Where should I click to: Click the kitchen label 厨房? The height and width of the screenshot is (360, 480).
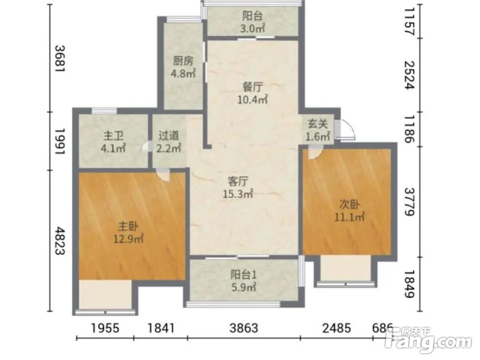tap(183, 61)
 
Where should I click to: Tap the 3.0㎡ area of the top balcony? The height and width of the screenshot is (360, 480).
tap(252, 29)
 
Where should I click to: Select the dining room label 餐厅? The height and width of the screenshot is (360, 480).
tap(252, 87)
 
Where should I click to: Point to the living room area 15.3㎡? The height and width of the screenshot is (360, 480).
tap(238, 193)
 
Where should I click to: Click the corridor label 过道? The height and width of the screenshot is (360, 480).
tap(168, 136)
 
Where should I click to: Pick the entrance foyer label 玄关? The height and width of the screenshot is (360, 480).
tap(318, 124)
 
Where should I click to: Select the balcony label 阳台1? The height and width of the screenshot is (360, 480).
tap(244, 275)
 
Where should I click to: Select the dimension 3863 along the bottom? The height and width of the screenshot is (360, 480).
tap(244, 328)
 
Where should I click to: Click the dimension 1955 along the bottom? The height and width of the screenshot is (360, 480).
tap(105, 328)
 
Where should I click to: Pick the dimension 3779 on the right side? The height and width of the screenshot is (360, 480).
tap(409, 202)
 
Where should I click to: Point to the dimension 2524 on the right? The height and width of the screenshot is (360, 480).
tap(409, 75)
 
